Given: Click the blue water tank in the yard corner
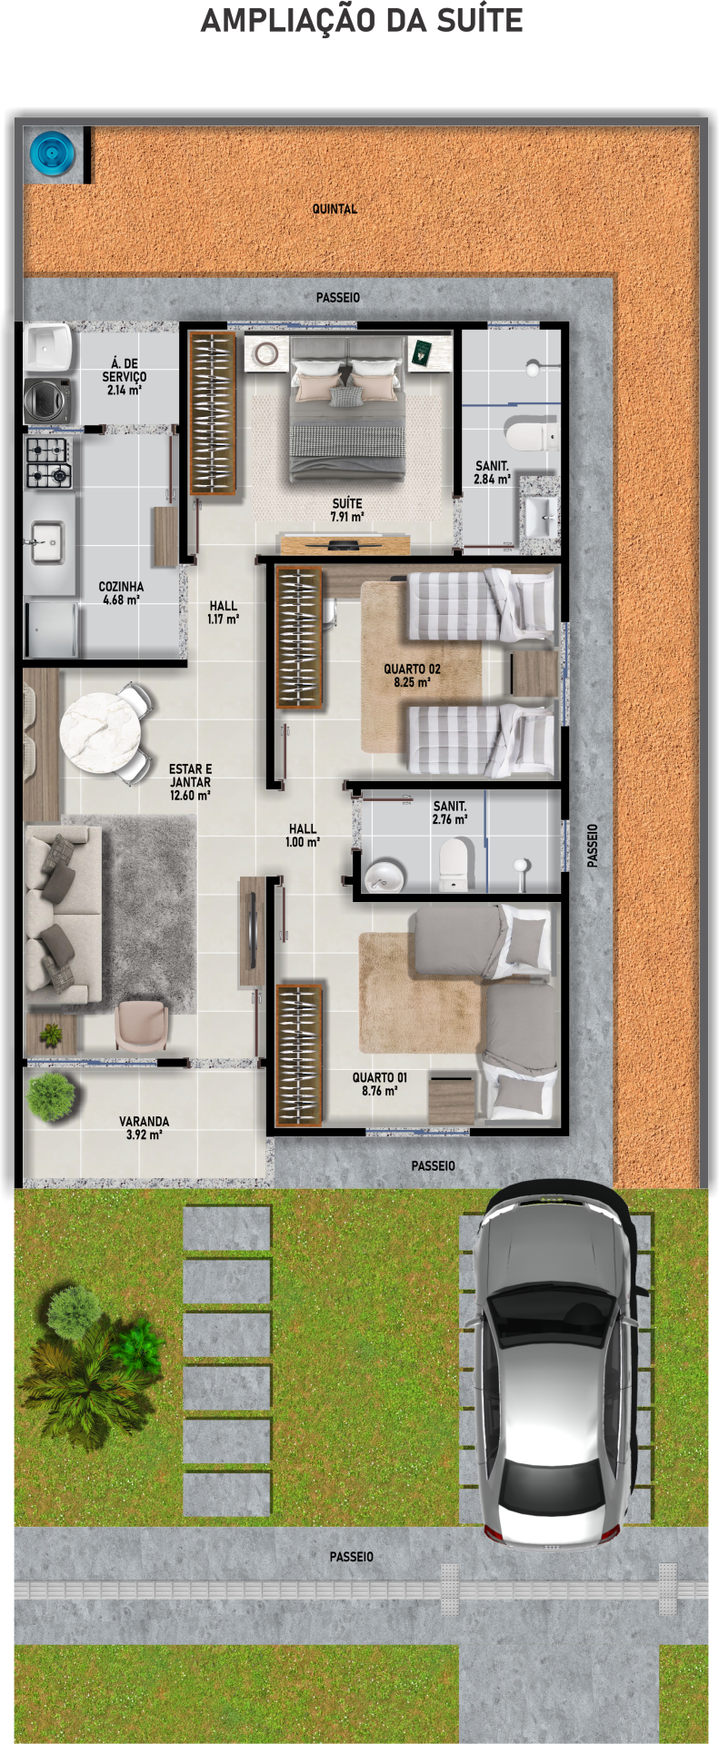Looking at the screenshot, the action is point(53,153).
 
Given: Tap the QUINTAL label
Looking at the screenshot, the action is point(335,209).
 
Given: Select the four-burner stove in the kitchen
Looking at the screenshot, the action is point(48,462).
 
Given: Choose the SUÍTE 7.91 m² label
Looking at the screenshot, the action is point(347,510).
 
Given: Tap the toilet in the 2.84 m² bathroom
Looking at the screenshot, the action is point(530,435).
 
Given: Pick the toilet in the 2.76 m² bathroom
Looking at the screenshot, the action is point(454,863).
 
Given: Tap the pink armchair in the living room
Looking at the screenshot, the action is point(141,1024).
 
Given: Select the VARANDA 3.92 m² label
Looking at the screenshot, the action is point(144,1127).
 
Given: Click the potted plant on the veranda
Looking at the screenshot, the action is point(51,1095).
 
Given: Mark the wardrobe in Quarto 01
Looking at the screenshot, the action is point(299,1055).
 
